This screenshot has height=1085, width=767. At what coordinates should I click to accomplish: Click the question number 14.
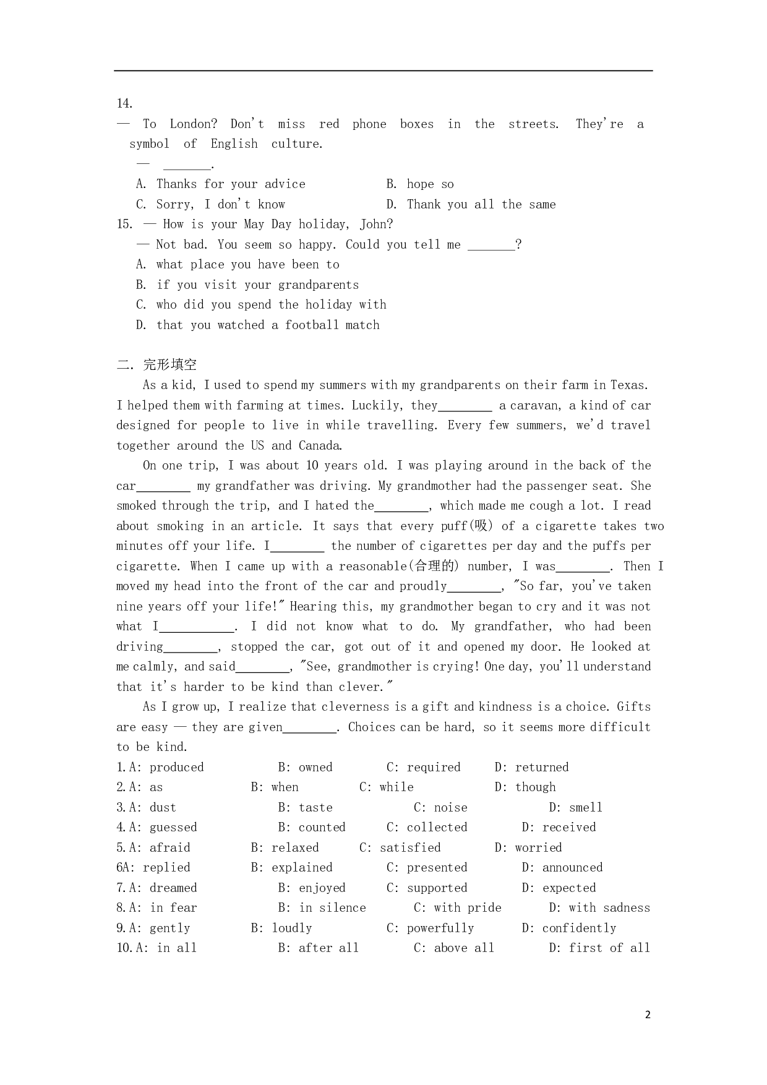click(x=124, y=103)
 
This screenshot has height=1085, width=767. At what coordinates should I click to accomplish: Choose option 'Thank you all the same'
click(x=481, y=204)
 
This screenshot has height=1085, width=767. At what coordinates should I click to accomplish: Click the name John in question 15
click(x=375, y=224)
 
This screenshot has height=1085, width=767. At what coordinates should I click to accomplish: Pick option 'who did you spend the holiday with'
click(x=271, y=304)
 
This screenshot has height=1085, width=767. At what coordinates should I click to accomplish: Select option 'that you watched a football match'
click(x=267, y=325)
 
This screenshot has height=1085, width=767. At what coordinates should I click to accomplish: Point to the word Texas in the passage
click(x=628, y=385)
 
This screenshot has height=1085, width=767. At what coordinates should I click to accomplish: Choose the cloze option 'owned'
click(x=315, y=767)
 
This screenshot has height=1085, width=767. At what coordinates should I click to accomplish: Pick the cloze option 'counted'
click(x=322, y=827)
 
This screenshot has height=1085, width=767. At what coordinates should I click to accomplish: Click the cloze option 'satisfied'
click(x=410, y=847)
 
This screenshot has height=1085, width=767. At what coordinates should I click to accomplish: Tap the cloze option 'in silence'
click(x=332, y=907)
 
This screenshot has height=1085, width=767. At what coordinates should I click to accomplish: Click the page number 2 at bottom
click(x=648, y=1014)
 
